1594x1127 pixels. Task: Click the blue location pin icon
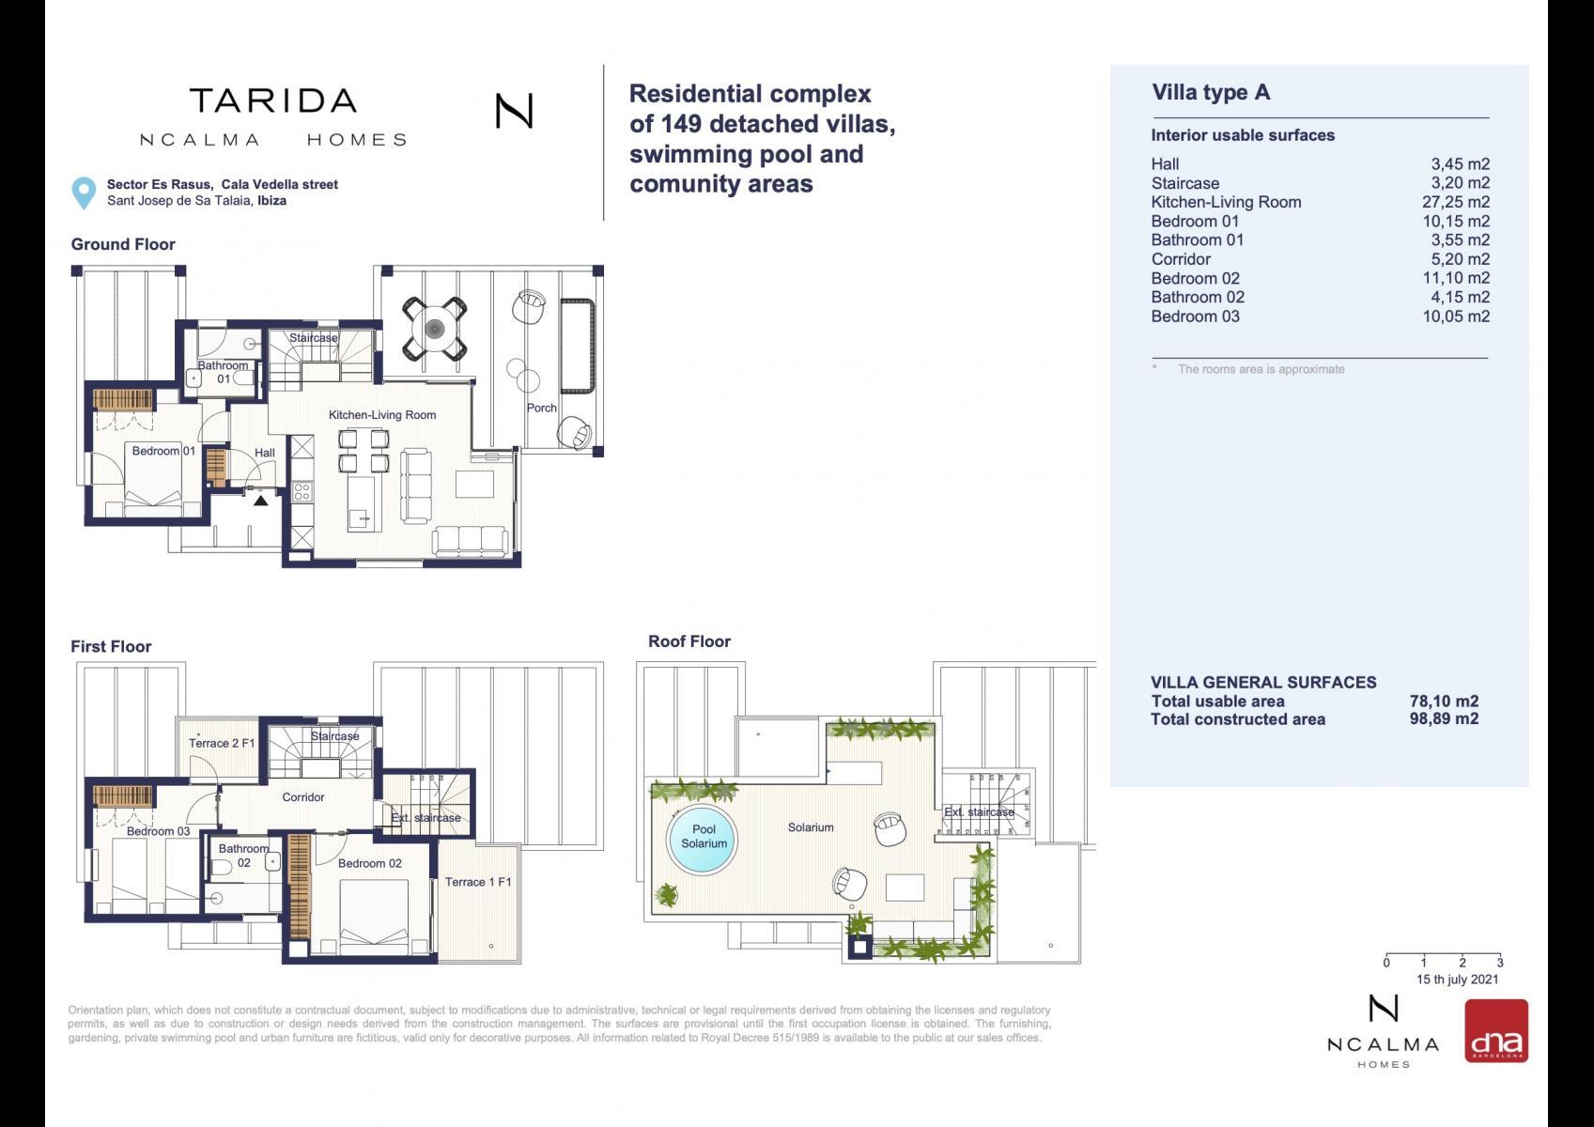pyautogui.click(x=84, y=193)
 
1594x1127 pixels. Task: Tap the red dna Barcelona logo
pyautogui.click(x=1495, y=1030)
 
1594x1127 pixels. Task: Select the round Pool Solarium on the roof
pyautogui.click(x=703, y=840)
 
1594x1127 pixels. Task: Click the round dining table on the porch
pyautogui.click(x=435, y=329)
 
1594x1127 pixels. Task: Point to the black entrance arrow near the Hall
pyautogui.click(x=261, y=501)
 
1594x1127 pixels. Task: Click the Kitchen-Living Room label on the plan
pyautogui.click(x=382, y=415)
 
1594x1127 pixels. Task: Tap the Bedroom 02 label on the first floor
pyautogui.click(x=369, y=863)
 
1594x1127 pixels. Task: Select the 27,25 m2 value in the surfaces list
pyautogui.click(x=1455, y=202)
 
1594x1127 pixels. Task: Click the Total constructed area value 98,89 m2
pyautogui.click(x=1444, y=719)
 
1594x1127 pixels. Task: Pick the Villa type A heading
pyautogui.click(x=1211, y=92)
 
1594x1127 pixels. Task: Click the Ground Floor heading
pyautogui.click(x=123, y=244)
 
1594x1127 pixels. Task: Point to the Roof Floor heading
pyautogui.click(x=689, y=641)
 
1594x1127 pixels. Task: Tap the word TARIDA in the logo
pyautogui.click(x=273, y=101)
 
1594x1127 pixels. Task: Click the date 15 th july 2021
pyautogui.click(x=1457, y=979)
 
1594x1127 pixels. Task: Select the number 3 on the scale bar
pyautogui.click(x=1500, y=964)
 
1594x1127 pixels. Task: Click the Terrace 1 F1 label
pyautogui.click(x=478, y=882)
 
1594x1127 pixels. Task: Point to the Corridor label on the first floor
pyautogui.click(x=303, y=796)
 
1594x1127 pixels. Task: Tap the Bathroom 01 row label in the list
pyautogui.click(x=1198, y=240)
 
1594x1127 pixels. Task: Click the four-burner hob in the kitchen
pyautogui.click(x=302, y=491)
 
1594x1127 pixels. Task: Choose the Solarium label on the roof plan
pyautogui.click(x=811, y=827)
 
